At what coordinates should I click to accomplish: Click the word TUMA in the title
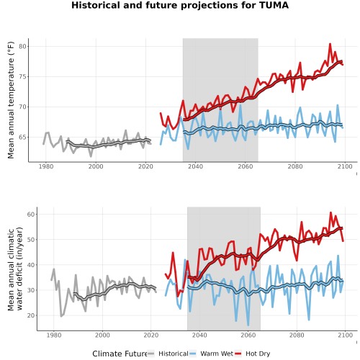274,5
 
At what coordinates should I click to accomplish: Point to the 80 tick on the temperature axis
22,46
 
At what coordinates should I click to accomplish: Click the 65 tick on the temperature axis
22,138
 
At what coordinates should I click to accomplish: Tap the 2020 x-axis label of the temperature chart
145,166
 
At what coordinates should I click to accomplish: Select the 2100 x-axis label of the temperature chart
345,166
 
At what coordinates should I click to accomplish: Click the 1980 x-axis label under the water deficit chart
54,335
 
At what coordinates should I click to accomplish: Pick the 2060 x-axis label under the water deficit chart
248,335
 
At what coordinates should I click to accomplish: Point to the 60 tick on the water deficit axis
31,214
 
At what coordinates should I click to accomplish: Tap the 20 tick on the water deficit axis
31,315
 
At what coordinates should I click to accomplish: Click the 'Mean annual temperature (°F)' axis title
11,100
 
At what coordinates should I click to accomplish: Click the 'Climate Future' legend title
120,354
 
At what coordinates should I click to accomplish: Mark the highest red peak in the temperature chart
330,44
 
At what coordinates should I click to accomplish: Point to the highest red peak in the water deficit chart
330,212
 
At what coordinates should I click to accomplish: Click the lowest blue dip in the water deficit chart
248,325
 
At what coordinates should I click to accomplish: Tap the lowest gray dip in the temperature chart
91,156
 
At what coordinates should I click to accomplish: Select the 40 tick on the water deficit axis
31,265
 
